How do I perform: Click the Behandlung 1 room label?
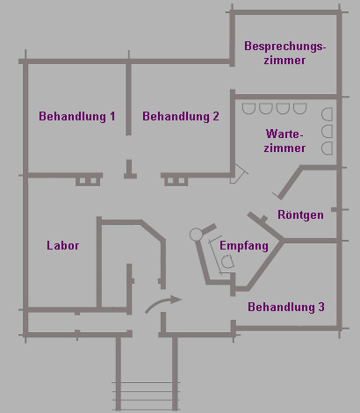(77, 116)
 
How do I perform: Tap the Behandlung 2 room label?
(181, 116)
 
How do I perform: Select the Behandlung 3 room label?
(286, 307)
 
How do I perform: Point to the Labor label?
(63, 245)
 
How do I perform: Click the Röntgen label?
(300, 214)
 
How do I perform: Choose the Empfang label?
(244, 245)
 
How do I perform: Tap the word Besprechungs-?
(285, 47)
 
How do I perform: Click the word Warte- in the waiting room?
(284, 134)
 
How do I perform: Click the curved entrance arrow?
(162, 303)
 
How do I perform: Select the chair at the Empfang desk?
(227, 262)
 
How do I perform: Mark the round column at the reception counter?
(196, 235)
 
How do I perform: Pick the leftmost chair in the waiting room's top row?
(248, 109)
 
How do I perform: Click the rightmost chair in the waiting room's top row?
(299, 109)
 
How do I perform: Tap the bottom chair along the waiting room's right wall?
(327, 149)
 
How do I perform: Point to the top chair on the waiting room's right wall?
(327, 114)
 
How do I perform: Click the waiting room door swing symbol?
(240, 174)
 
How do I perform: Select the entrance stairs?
(146, 395)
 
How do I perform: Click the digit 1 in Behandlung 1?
(112, 116)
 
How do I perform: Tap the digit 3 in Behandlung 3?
(321, 307)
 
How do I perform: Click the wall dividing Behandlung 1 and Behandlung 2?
(128, 98)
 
